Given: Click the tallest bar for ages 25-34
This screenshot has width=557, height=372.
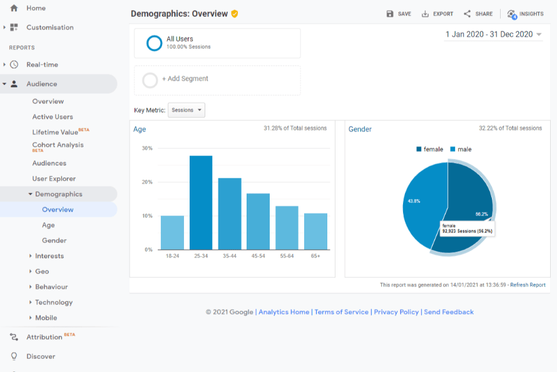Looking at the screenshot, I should [201, 202].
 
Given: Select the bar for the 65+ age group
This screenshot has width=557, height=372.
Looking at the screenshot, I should [315, 231].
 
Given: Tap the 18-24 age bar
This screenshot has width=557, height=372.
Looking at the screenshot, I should [172, 232].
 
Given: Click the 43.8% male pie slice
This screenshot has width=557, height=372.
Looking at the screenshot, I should [421, 204].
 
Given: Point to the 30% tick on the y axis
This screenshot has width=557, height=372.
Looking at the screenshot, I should [147, 148].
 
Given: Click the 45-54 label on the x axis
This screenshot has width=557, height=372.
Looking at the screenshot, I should [258, 256].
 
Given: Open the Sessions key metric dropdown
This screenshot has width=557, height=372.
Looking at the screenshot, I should [187, 110].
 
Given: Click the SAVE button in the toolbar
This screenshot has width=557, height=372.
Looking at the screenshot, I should [399, 14].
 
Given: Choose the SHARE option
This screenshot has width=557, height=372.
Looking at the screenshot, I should [478, 14].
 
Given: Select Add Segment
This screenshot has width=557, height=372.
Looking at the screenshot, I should [185, 79].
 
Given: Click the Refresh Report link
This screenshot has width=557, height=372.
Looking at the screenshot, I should [528, 285].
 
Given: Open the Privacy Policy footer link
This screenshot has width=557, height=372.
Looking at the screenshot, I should [397, 312].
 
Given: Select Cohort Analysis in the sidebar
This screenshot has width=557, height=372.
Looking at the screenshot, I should [58, 145].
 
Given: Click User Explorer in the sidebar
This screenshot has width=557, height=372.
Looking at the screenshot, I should [54, 178].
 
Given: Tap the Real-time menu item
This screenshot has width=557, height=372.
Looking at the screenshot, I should [42, 65].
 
